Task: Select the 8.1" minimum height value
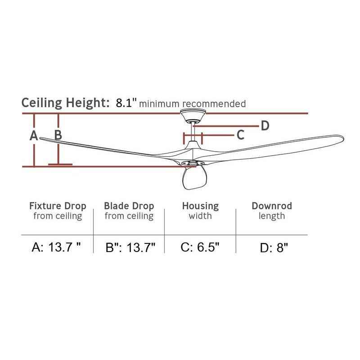pyautogui.click(x=126, y=103)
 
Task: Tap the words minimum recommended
pyautogui.click(x=193, y=104)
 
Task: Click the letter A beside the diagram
pyautogui.click(x=33, y=135)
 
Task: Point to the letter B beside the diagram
pyautogui.click(x=58, y=135)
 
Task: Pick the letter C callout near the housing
pyautogui.click(x=240, y=135)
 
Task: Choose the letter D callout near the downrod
pyautogui.click(x=265, y=126)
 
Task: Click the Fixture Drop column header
pyautogui.click(x=58, y=211)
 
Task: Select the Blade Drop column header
pyautogui.click(x=129, y=211)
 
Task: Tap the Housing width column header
pyautogui.click(x=200, y=211)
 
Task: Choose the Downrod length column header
pyautogui.click(x=272, y=211)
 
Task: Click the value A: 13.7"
pyautogui.click(x=56, y=247)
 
